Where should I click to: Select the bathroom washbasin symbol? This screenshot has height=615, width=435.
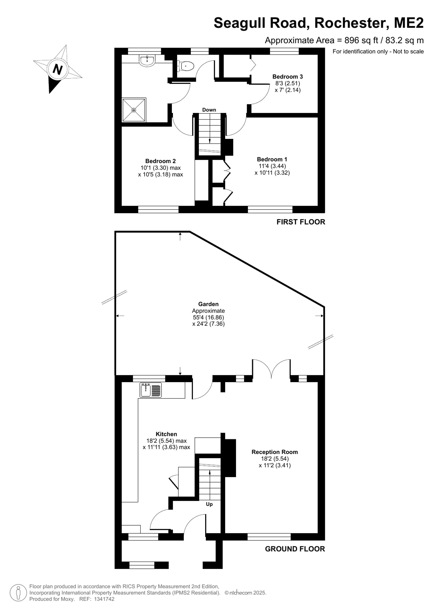click(x=147, y=60)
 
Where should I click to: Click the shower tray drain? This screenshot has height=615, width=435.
click(x=134, y=110)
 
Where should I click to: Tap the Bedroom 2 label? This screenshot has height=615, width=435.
click(x=161, y=161)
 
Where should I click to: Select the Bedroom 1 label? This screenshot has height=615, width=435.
click(x=272, y=159)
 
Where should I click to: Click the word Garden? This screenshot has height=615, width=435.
click(x=208, y=304)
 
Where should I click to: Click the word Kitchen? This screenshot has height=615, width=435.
click(x=166, y=434)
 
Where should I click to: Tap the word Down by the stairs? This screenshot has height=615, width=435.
click(x=209, y=110)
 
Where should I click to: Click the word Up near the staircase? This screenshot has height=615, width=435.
click(x=209, y=504)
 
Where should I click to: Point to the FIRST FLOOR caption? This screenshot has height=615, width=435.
click(x=301, y=222)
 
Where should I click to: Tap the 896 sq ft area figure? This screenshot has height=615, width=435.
click(x=361, y=40)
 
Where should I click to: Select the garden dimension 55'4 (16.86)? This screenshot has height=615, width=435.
click(x=208, y=318)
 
